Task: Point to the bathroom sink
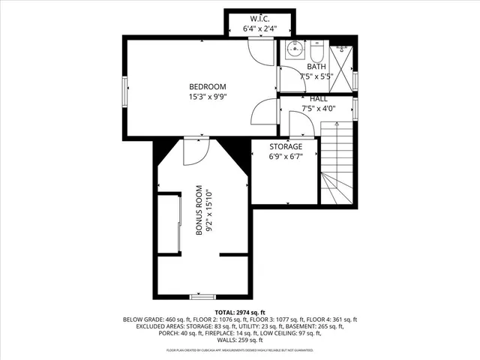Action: pos(294,52)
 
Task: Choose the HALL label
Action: pos(317,98)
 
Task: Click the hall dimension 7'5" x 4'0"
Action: pos(317,108)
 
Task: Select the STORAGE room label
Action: pos(286,146)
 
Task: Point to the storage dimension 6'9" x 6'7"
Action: pos(286,157)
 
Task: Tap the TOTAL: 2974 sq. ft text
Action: pos(239,311)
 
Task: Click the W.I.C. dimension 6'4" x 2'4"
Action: pos(260,28)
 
